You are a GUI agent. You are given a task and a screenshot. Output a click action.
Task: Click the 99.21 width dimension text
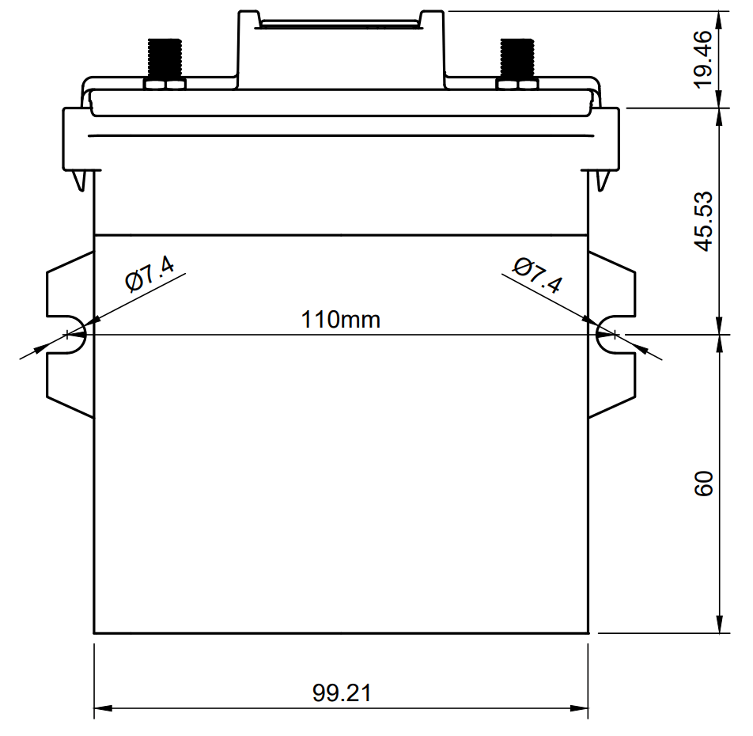(x=342, y=693)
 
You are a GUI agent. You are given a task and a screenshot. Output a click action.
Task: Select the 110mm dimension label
(x=340, y=320)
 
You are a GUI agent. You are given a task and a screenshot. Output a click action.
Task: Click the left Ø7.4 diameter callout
(x=149, y=275)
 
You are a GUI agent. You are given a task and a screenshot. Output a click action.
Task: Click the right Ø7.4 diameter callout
(x=537, y=275)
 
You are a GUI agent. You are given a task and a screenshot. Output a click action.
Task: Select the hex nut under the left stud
(x=165, y=83)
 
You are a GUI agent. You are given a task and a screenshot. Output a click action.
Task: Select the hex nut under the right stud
(x=517, y=83)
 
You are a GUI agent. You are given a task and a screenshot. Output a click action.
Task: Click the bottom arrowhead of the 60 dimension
(x=720, y=626)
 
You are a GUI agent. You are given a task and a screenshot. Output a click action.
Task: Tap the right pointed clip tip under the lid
(x=601, y=186)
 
